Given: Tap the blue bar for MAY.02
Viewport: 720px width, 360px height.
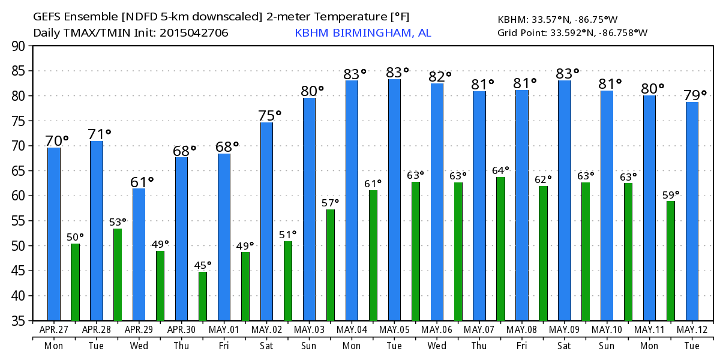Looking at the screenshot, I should (x=266, y=221).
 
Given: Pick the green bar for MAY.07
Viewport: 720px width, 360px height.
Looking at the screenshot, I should (x=500, y=248).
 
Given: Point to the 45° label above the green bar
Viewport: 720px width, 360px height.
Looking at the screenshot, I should (x=203, y=265).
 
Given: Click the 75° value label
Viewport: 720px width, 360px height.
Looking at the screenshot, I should (x=269, y=115).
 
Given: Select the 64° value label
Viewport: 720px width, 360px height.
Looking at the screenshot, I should (x=500, y=170).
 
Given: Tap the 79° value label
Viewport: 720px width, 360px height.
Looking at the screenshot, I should (x=695, y=95).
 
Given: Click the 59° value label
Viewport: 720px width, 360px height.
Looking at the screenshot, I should (x=671, y=194).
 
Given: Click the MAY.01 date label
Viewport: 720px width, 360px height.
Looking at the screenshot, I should (x=224, y=330).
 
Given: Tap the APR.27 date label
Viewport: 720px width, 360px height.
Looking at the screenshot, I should (x=53, y=330).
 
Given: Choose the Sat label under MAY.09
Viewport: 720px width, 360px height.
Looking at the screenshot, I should (x=565, y=346).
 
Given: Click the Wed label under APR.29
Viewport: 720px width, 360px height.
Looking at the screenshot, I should (x=139, y=346).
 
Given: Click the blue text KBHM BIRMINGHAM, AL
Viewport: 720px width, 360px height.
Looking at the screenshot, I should (x=362, y=33).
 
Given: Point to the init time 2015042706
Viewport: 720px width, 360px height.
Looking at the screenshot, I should (x=194, y=33).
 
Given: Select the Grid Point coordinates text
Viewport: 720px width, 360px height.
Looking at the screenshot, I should (x=572, y=33).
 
